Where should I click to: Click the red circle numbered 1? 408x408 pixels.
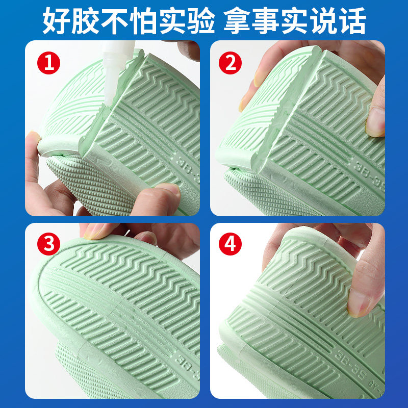(48, 64)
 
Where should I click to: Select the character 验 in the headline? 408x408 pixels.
(202, 20)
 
